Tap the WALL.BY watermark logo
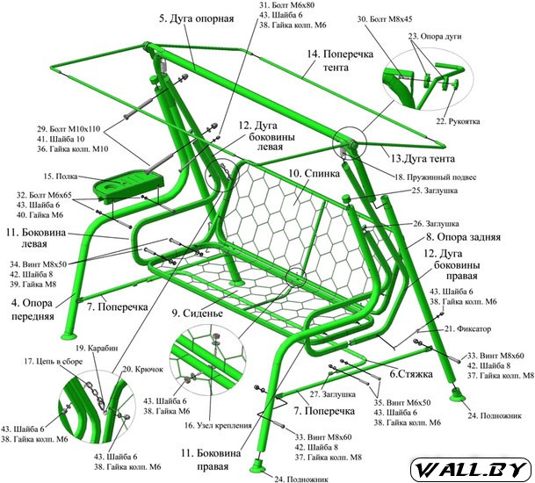(474, 466)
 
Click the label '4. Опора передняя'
(35, 308)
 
